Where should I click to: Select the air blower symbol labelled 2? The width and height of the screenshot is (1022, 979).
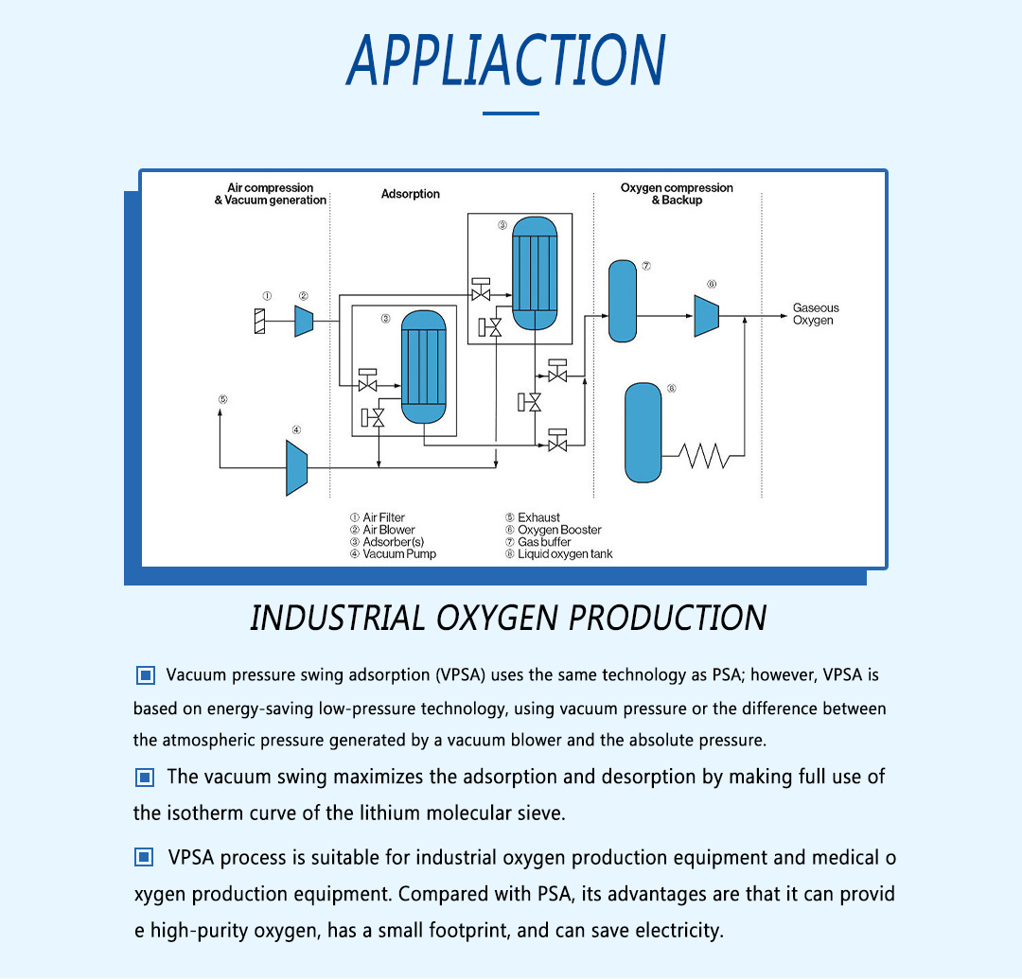pos(304,320)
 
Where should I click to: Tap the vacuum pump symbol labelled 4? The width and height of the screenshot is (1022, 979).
pos(296,466)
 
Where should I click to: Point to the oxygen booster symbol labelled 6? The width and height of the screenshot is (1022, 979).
pos(707,314)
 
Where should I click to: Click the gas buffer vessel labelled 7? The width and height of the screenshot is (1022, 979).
pos(622,300)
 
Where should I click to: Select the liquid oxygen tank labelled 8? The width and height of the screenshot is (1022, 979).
pos(643,432)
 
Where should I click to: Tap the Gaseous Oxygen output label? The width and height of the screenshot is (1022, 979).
pos(815,314)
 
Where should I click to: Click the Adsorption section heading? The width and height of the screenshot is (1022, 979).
pos(411,194)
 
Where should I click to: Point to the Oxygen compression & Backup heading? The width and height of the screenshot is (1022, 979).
pos(677,194)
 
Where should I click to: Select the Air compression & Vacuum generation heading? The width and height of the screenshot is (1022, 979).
pos(271,194)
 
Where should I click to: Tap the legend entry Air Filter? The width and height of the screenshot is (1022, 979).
pos(383,517)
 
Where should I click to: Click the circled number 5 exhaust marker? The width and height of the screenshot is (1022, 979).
pos(222,399)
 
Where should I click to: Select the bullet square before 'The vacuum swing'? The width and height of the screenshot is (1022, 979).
pos(145,778)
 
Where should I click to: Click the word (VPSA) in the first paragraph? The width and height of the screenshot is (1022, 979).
pos(461,675)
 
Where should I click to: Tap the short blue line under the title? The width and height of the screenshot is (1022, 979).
pos(510,114)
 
